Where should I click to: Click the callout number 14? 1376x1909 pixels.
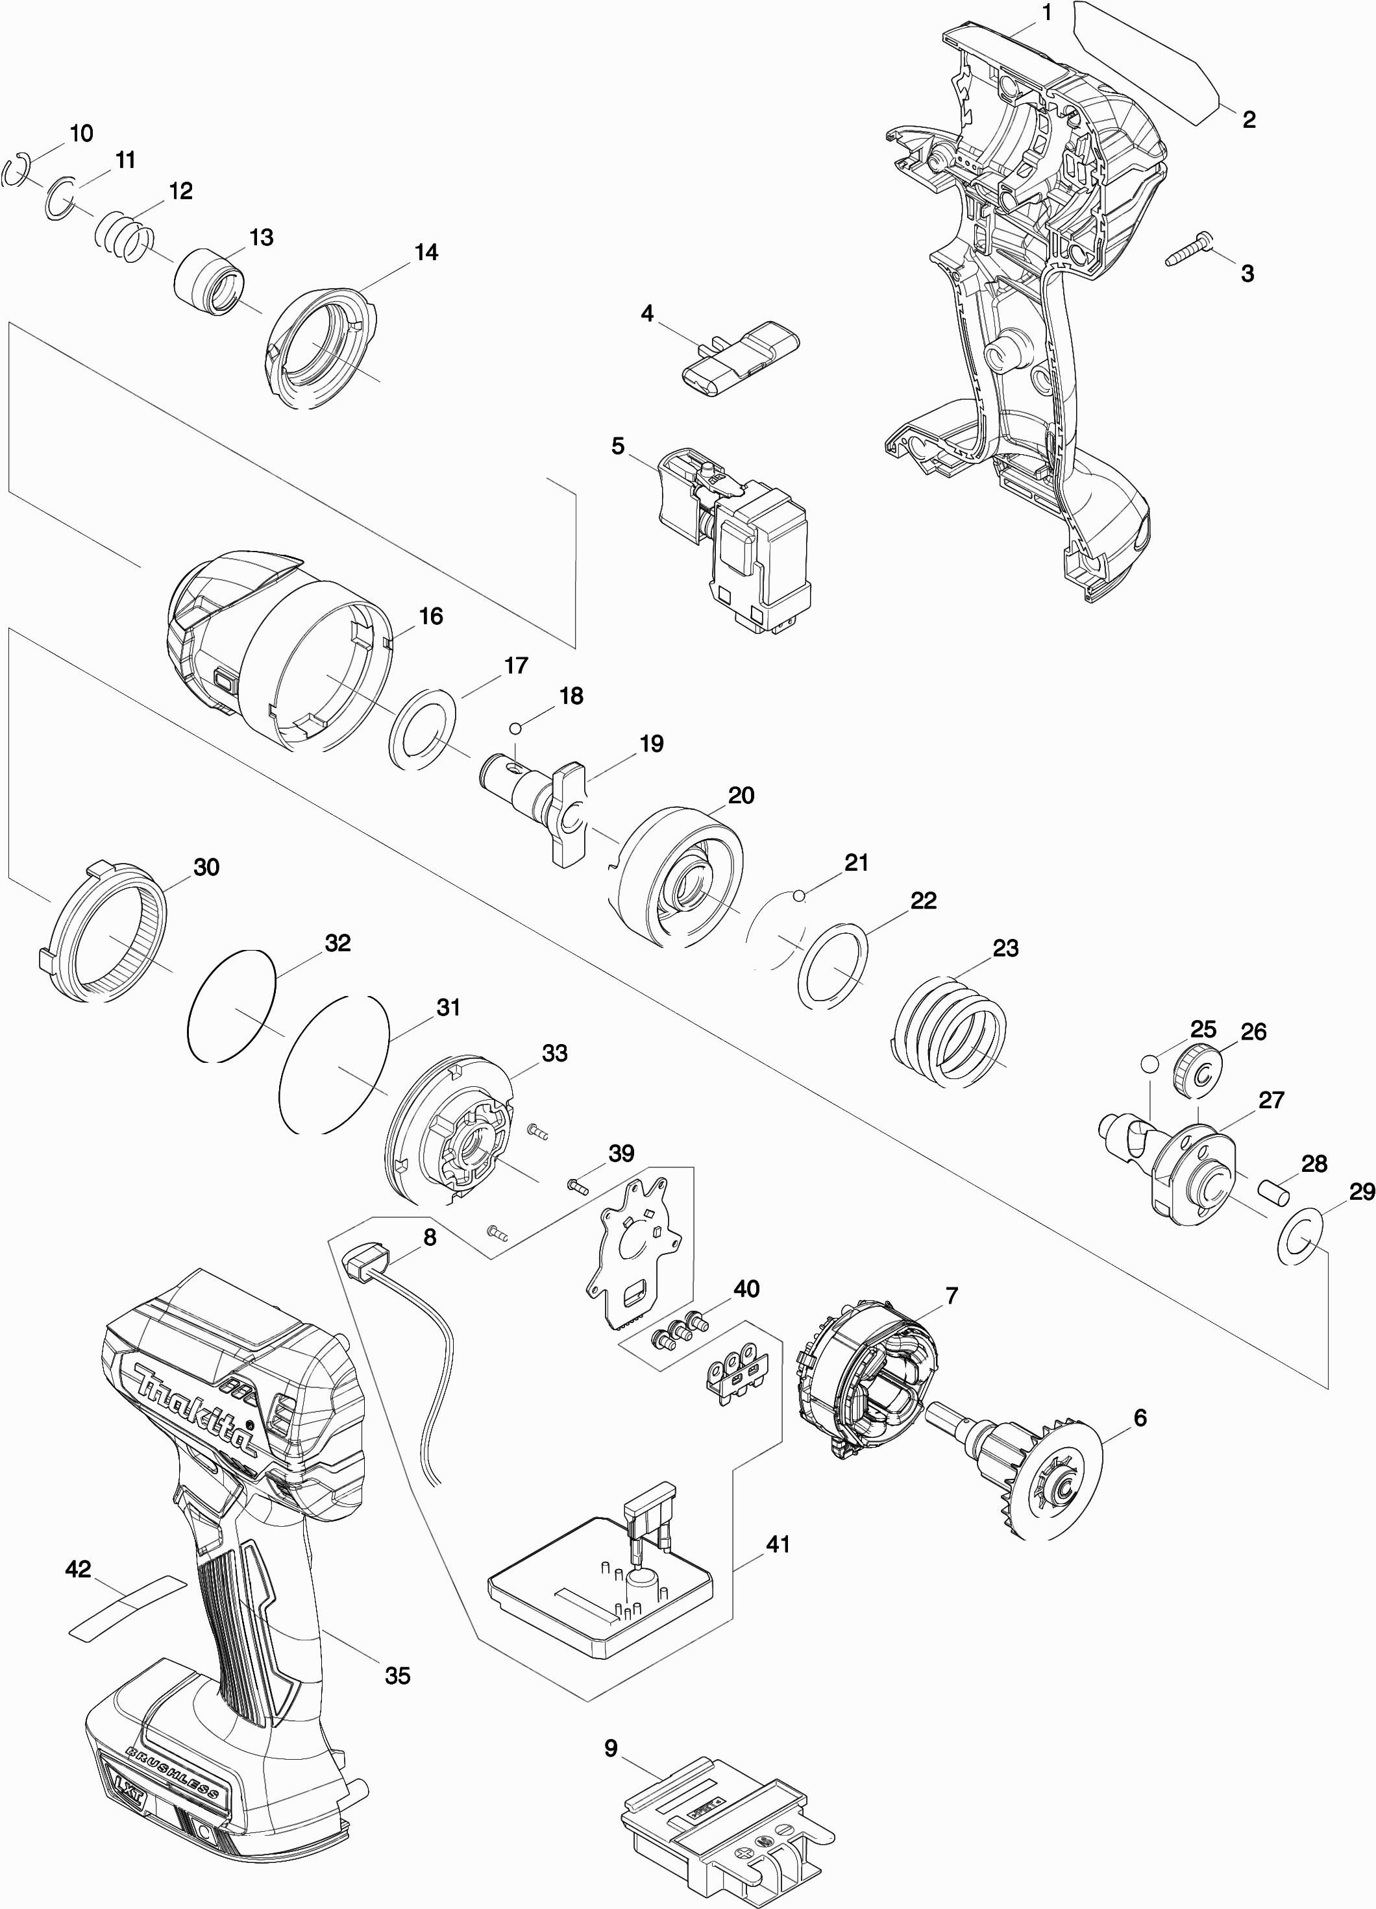click(426, 252)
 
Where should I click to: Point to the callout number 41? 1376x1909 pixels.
click(778, 1544)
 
